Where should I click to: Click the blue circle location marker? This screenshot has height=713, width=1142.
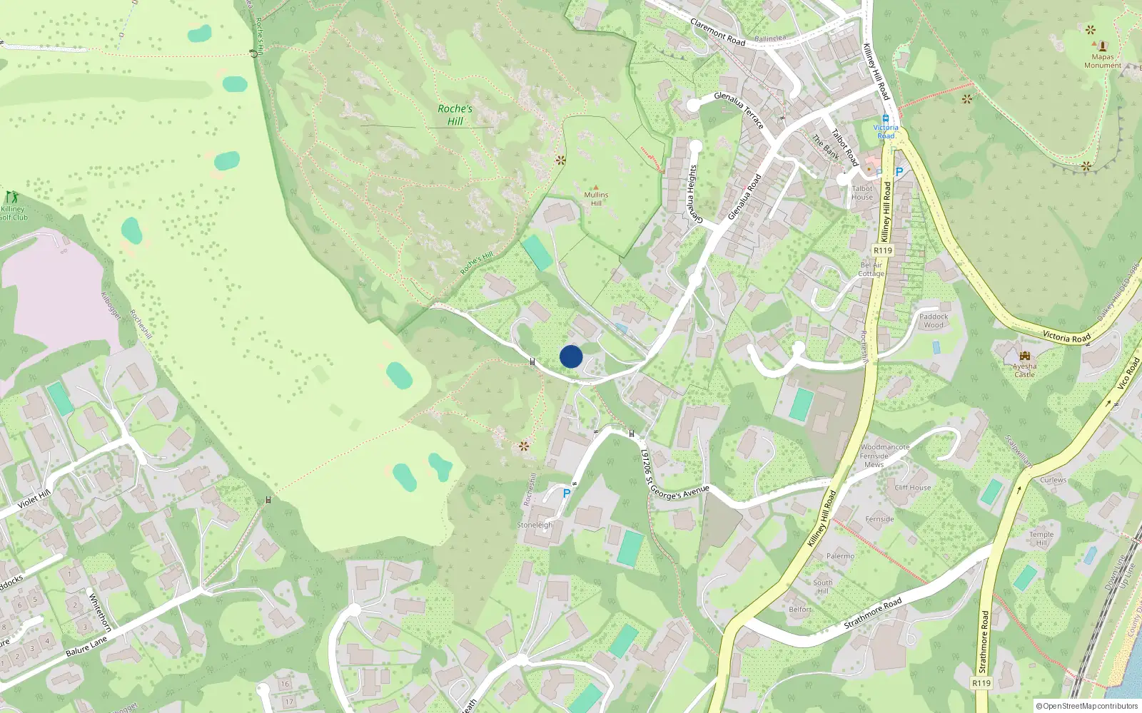click(x=571, y=356)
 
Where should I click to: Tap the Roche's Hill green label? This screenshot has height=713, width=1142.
click(x=455, y=115)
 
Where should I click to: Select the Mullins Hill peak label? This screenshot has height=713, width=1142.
click(x=596, y=198)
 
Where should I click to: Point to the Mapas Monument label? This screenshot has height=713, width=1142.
click(x=1103, y=61)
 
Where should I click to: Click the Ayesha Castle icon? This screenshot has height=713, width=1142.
click(x=1025, y=356)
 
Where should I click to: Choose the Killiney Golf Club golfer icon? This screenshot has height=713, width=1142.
click(x=11, y=197)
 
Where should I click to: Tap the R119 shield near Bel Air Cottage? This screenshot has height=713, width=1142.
click(x=883, y=250)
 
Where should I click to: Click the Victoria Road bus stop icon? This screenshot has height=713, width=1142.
click(x=886, y=118)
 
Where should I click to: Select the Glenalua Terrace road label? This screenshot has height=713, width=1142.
click(x=739, y=110)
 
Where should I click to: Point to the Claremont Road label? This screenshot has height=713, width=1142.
click(x=717, y=32)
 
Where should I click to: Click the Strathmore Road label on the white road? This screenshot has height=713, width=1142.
click(x=873, y=613)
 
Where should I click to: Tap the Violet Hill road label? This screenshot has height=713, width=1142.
click(x=34, y=498)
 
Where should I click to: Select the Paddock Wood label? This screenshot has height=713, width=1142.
click(x=934, y=321)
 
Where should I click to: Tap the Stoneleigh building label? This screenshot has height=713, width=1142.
click(x=535, y=525)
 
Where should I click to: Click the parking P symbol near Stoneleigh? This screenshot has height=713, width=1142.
click(x=567, y=493)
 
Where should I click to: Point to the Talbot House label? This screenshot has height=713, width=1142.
click(x=862, y=193)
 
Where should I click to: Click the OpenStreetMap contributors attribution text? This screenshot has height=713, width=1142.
click(x=1086, y=707)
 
